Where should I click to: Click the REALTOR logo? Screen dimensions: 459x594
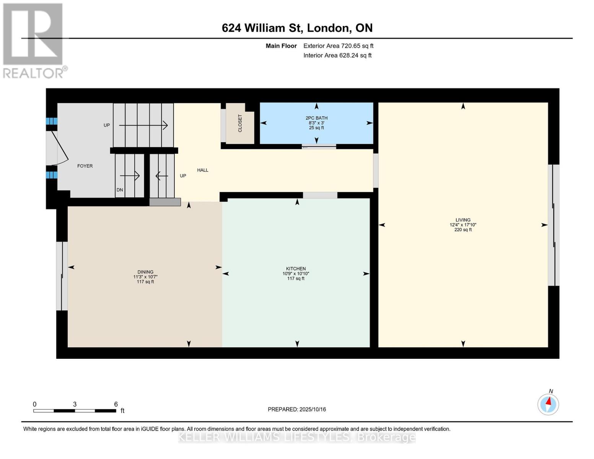33,40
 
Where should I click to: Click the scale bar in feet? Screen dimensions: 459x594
75,410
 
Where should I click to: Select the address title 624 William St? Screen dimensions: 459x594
297,28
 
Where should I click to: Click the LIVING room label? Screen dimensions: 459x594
463,220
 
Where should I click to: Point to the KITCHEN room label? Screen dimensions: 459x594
296,269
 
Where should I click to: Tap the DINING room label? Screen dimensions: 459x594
145,272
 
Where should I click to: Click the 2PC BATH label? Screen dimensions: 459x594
316,118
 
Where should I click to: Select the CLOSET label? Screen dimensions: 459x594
240,123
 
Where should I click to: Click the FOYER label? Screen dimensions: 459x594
85,166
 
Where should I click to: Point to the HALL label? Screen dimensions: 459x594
203,170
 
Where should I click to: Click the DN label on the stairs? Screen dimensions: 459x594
120,190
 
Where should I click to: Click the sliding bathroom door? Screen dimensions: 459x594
319,147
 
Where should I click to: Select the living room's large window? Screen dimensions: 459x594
553,225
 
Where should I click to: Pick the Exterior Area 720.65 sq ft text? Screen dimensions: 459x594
338,46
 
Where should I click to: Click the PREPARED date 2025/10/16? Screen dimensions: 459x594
297,409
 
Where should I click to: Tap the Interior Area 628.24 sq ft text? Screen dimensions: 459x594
337,55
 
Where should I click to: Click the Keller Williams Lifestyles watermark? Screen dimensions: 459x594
297,437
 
